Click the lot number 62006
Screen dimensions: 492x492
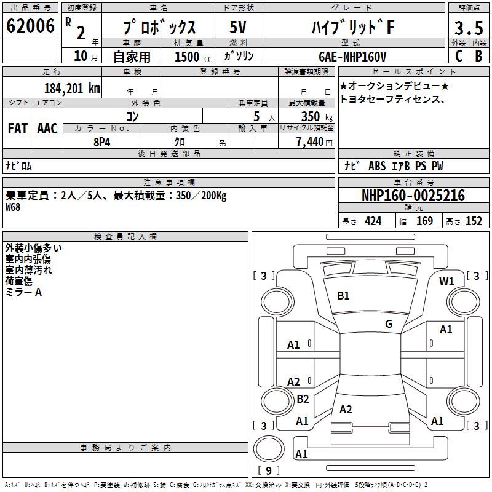tap(30, 26)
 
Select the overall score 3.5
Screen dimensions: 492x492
tap(468, 28)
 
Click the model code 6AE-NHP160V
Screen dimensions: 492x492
tap(353, 57)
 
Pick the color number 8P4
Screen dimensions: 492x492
tap(101, 141)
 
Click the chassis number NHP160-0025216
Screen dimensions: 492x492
tap(413, 196)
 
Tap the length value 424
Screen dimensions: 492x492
tap(373, 221)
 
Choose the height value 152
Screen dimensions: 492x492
tap(474, 221)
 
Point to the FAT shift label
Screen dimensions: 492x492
tap(17, 129)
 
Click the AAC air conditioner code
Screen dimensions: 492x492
tap(47, 129)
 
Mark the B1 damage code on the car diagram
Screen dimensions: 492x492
tap(343, 296)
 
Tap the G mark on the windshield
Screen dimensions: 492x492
tap(389, 324)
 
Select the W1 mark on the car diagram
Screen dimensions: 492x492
tap(446, 282)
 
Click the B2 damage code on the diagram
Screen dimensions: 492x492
tap(303, 399)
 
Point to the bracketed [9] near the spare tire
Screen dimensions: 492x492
tap(268, 471)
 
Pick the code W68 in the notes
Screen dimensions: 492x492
tap(13, 207)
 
